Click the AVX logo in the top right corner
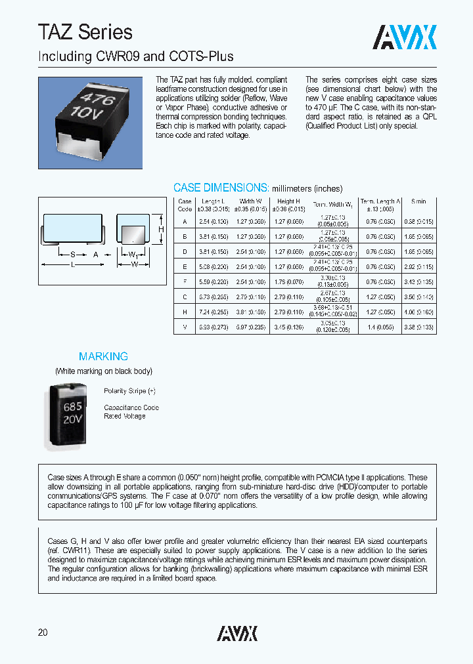(x=405, y=37)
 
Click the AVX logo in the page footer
(x=237, y=633)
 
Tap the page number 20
(x=43, y=633)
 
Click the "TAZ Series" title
(x=85, y=31)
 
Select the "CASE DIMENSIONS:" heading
(x=221, y=188)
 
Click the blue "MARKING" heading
(x=103, y=356)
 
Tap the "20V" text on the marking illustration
(x=72, y=419)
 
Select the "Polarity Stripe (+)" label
(x=129, y=391)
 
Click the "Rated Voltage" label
(x=125, y=417)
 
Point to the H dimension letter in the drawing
(x=160, y=230)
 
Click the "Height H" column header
(x=288, y=205)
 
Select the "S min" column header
(x=418, y=201)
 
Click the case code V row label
(x=185, y=326)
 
